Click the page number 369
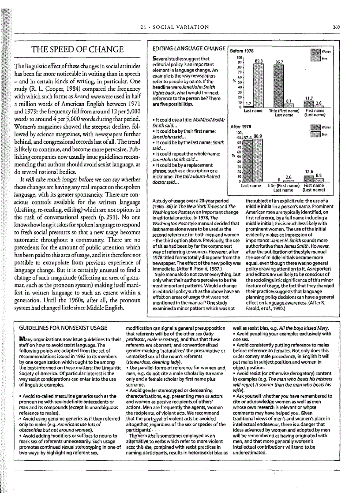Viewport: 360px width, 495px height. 336,27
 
